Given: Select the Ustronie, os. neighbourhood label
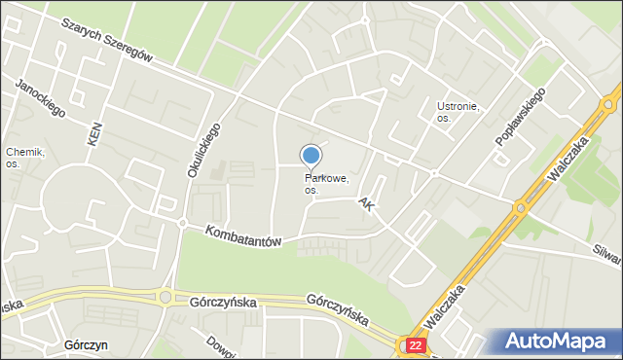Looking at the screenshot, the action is click(x=458, y=112).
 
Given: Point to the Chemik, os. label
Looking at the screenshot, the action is click(x=25, y=158).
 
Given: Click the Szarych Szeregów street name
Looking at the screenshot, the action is click(x=107, y=40).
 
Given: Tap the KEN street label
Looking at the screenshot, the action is click(x=94, y=135).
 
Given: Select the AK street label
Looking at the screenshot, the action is click(x=366, y=205).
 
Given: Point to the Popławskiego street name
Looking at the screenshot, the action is click(x=521, y=116).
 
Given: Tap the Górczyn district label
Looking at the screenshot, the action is click(x=84, y=345).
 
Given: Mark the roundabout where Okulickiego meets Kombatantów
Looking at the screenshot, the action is click(x=182, y=223).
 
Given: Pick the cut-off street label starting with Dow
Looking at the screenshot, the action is click(x=216, y=346).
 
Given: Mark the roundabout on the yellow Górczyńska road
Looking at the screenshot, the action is click(x=165, y=297).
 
